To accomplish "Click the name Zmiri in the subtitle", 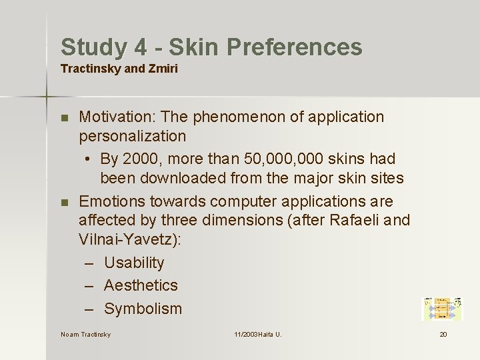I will coord(163,69).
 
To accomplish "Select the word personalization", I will coord(132,137).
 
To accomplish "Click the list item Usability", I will coord(134,263).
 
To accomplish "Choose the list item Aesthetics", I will coord(141,285).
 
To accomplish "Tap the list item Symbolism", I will coord(143,309).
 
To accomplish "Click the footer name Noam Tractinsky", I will coord(85,334).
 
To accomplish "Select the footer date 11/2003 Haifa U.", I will coord(257,334).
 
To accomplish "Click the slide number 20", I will coord(443,334).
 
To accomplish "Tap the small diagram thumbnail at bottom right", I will coord(441,308).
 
